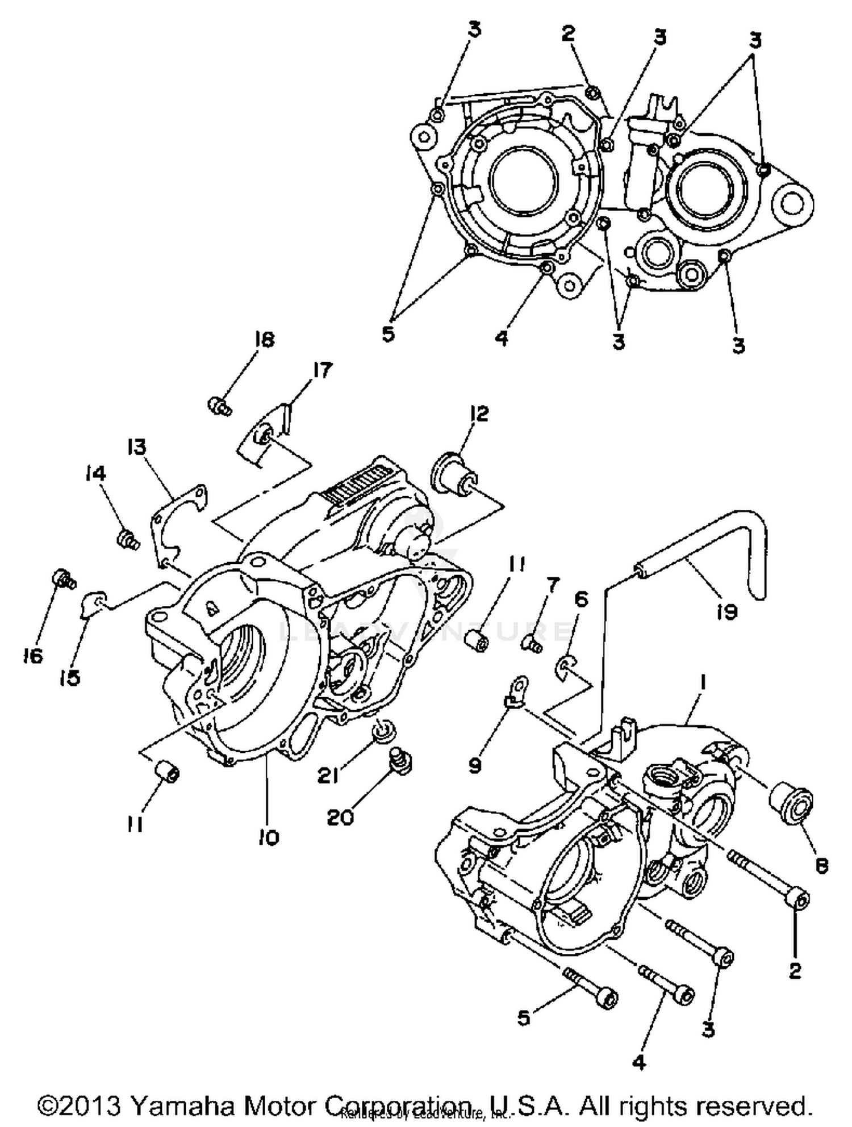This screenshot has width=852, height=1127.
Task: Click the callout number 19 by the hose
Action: coord(726,611)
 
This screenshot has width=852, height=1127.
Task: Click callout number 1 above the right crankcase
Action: coord(703,683)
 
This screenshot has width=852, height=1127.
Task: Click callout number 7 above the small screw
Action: coord(552,584)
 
